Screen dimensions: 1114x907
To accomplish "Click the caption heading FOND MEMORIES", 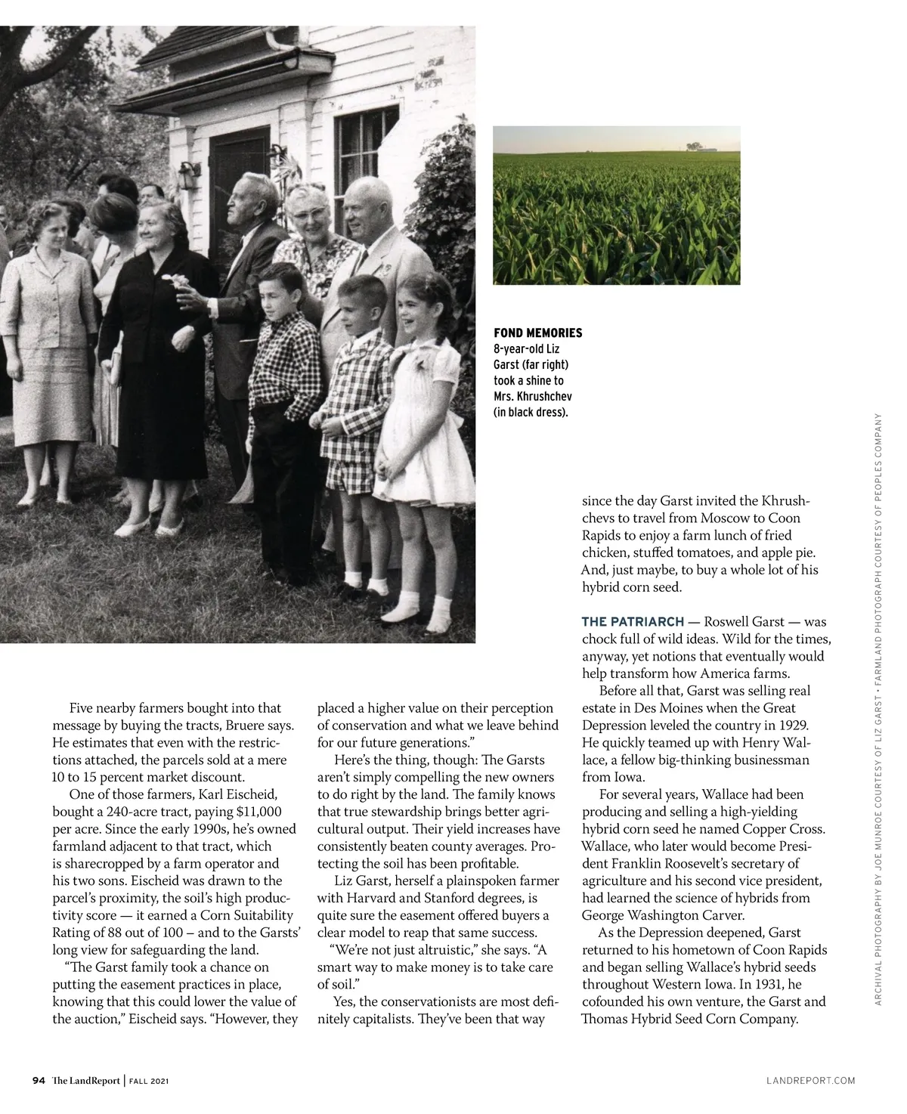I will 537,333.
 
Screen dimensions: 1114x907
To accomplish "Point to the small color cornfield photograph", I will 616,205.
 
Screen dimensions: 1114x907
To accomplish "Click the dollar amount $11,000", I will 259,812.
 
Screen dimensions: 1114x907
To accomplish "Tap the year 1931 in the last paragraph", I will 767,984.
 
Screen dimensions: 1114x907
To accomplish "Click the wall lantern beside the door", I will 187,176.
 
